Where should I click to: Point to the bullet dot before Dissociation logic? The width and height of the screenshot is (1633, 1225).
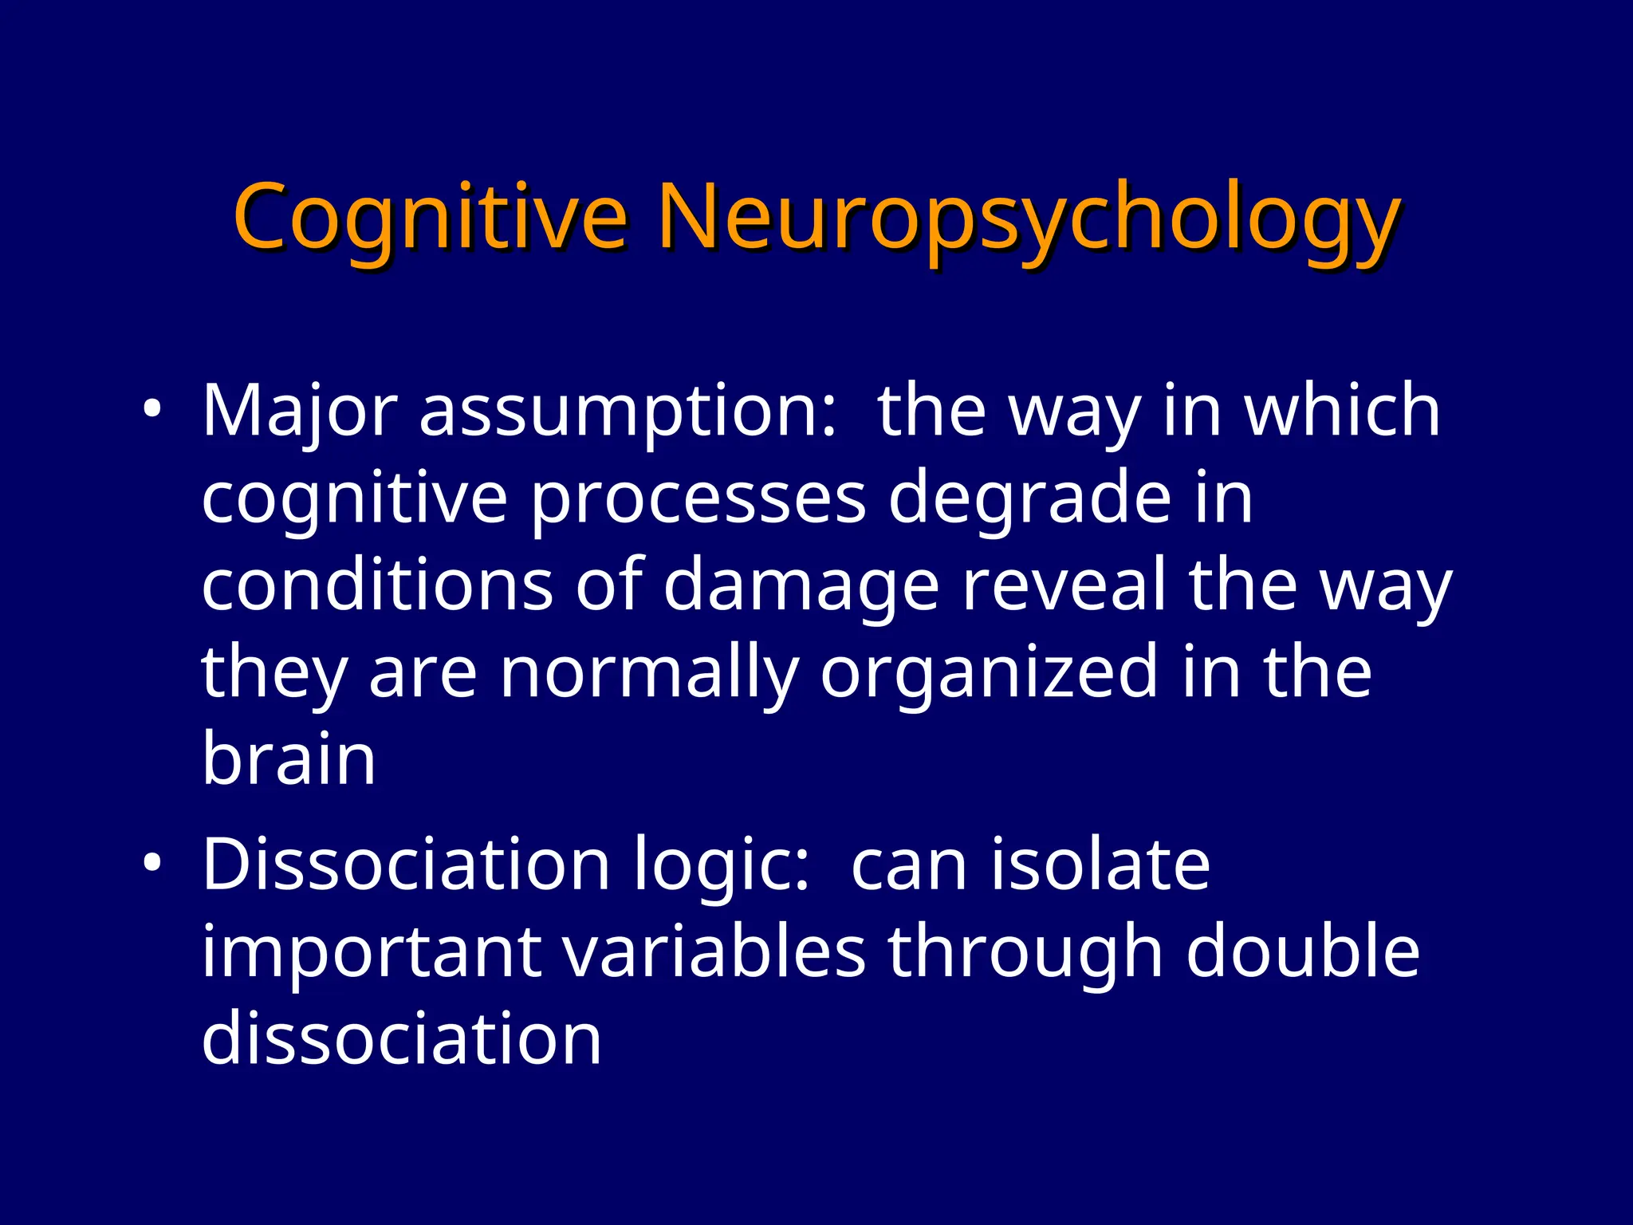click(x=152, y=864)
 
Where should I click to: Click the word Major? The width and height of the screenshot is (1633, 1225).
click(x=299, y=412)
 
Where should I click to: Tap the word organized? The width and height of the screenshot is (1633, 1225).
click(x=989, y=675)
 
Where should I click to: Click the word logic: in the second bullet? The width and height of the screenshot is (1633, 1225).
click(x=722, y=868)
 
